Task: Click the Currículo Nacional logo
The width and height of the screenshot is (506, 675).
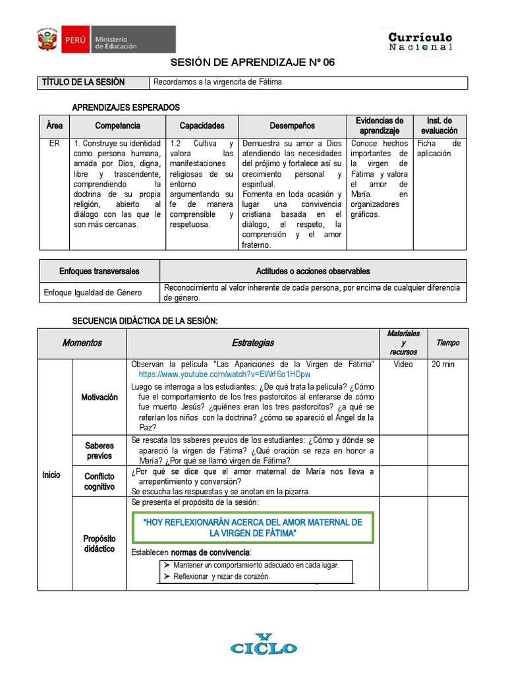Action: click(x=420, y=41)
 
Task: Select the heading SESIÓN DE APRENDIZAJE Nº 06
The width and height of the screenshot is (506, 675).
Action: click(x=253, y=63)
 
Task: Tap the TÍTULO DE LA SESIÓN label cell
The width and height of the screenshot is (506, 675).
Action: click(x=83, y=82)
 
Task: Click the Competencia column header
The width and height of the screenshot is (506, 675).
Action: click(x=117, y=126)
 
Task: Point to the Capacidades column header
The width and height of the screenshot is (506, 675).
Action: click(x=202, y=126)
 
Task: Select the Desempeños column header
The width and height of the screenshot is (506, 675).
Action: click(x=292, y=126)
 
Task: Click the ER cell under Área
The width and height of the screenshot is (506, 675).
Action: click(x=54, y=143)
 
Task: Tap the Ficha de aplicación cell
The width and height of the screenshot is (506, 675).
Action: click(x=439, y=148)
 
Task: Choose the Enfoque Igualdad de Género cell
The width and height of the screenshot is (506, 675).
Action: click(x=99, y=292)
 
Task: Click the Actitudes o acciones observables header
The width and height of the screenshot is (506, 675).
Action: click(x=312, y=271)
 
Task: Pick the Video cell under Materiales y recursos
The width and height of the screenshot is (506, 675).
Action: click(x=403, y=365)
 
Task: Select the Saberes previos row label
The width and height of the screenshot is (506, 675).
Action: click(x=99, y=451)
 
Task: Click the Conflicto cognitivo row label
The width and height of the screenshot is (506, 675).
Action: click(x=99, y=481)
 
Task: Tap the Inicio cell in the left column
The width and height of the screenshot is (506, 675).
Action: click(x=51, y=474)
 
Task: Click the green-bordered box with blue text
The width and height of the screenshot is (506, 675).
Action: click(x=253, y=527)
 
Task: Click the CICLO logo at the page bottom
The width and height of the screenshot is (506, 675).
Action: click(x=263, y=645)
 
